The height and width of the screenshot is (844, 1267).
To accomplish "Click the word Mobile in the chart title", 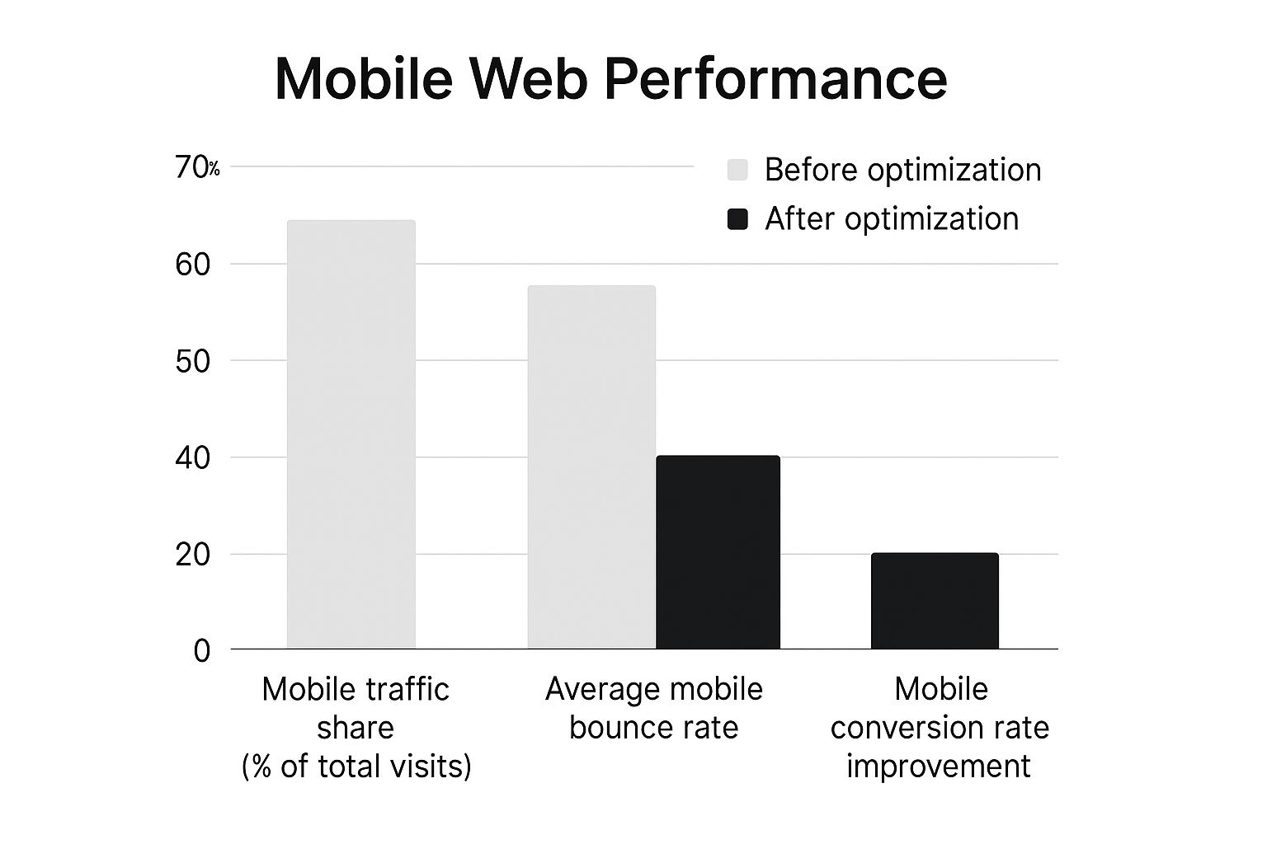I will pyautogui.click(x=363, y=79).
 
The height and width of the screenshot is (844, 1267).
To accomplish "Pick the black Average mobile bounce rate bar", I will pyautogui.click(x=718, y=552).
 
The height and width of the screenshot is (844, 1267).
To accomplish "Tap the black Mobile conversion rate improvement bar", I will pyautogui.click(x=935, y=601).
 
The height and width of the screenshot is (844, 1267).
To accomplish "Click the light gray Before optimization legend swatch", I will pyautogui.click(x=737, y=170).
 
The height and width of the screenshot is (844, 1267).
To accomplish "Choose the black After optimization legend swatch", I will pyautogui.click(x=737, y=219).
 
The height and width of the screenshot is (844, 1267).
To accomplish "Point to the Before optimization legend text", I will pyautogui.click(x=902, y=170).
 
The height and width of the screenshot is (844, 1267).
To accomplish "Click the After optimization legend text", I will pyautogui.click(x=892, y=219).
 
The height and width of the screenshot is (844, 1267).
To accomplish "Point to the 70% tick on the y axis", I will pyautogui.click(x=196, y=168).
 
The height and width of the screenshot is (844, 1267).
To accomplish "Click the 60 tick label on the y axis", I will pyautogui.click(x=193, y=265).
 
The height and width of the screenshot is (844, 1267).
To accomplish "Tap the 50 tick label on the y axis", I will pyautogui.click(x=193, y=361).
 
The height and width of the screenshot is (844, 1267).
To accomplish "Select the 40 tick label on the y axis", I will pyautogui.click(x=193, y=457).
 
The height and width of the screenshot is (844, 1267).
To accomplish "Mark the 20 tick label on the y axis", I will pyautogui.click(x=193, y=555).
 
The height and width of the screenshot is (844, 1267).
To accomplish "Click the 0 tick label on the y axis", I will pyautogui.click(x=202, y=651).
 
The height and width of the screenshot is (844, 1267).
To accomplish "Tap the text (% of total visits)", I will pyautogui.click(x=356, y=767).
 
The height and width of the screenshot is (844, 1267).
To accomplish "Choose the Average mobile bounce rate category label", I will pyautogui.click(x=654, y=708).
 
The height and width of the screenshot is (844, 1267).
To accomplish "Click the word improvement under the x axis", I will pyautogui.click(x=939, y=767).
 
